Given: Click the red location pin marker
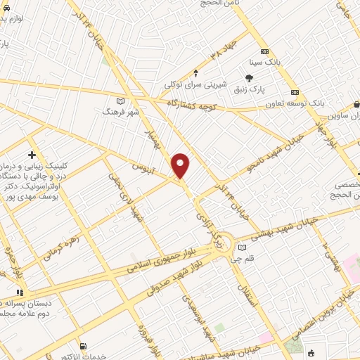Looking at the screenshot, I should [x=181, y=165].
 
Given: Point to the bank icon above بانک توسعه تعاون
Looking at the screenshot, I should [x=295, y=92].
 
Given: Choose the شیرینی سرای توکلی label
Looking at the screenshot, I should [x=195, y=84].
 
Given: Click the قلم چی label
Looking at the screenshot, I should [x=243, y=258].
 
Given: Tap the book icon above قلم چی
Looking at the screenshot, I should [x=243, y=247].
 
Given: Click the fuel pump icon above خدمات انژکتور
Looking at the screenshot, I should [x=84, y=346].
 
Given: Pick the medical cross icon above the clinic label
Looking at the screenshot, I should [x=32, y=154].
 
